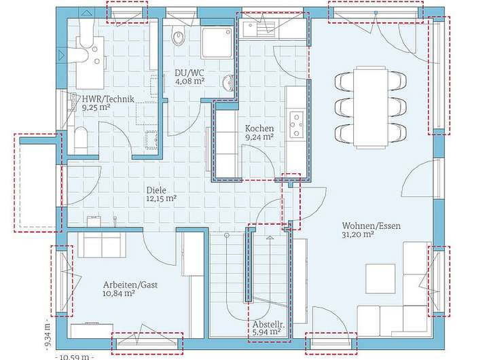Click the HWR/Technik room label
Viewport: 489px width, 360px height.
coord(108,99)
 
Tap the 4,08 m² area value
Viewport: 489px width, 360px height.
coord(189,82)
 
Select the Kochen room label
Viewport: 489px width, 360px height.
coord(259,128)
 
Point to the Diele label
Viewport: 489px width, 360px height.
coord(156,190)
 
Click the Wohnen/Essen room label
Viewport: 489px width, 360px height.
coord(371,226)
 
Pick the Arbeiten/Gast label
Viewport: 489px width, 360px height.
coord(130,285)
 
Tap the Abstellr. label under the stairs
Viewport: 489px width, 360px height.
coord(268,324)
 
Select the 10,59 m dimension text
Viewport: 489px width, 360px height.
coord(75,357)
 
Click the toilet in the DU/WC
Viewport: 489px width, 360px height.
coord(179,35)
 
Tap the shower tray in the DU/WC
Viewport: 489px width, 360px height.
coord(217,42)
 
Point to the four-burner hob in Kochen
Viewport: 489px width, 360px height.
coord(297,125)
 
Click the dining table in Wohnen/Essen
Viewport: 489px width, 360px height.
coord(371,107)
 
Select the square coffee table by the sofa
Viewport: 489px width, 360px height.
coord(380,278)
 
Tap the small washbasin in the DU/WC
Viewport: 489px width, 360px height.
coord(229,84)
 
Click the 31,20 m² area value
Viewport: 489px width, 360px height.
coord(358,234)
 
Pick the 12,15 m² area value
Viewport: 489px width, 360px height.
coord(162,198)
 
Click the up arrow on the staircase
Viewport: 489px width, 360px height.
coord(270,238)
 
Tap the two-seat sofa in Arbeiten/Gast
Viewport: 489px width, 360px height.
coord(102,245)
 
